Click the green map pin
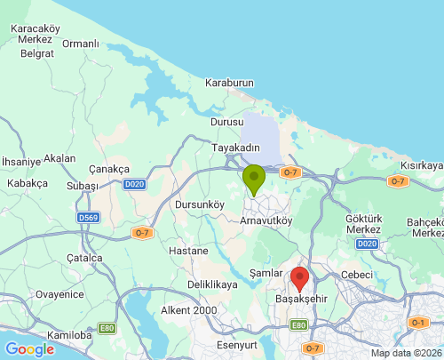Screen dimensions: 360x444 pos(254,179)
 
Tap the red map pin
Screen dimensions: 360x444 pos(300,278)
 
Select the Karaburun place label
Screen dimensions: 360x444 pos(229,83)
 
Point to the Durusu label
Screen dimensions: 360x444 pos(226,122)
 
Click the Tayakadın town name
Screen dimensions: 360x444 pos(235,148)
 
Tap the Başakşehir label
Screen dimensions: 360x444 pos(302,300)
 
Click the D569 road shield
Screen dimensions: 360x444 pos(88,217)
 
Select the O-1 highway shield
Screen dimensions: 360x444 pos(418,322)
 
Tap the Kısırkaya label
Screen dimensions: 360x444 pos(421,165)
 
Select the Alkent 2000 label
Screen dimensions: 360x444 pos(188,309)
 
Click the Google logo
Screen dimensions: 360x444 pos(29,349)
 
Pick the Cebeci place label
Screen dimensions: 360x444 pos(357,275)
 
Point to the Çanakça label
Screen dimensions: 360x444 pos(110,169)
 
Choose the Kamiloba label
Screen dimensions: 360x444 pos(69,335)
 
